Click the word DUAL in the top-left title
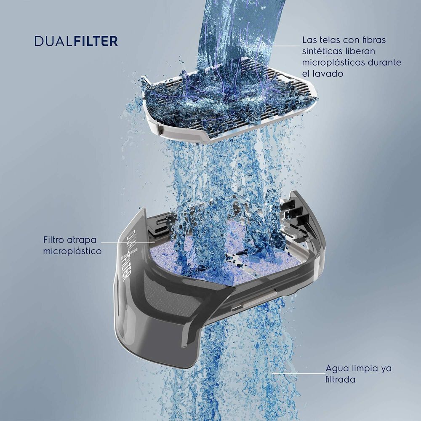click(x=53, y=41)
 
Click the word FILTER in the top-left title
click(x=96, y=41)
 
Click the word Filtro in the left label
click(x=53, y=240)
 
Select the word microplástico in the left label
click(x=72, y=251)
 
